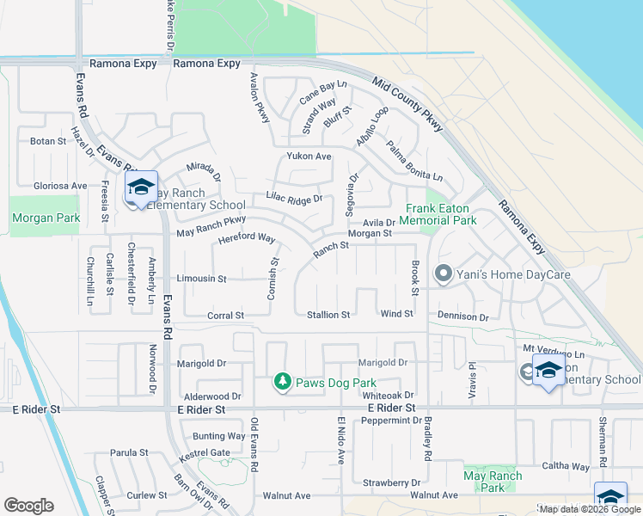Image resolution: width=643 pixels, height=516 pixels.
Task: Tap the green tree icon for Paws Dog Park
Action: point(282,381)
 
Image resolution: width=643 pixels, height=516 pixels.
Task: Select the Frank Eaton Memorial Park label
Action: point(441,214)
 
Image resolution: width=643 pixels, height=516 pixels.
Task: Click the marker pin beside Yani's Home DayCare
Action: point(444,275)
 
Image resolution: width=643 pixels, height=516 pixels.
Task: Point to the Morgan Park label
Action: point(46,218)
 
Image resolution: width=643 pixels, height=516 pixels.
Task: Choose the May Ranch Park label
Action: point(493,482)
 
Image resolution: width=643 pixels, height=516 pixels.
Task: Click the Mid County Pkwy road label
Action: point(408,104)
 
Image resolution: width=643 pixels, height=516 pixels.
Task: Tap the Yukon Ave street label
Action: point(309,157)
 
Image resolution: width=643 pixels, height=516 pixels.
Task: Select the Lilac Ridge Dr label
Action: point(294,199)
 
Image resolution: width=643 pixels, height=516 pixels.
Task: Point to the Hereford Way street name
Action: point(246,239)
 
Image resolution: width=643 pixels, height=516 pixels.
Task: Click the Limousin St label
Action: point(201,279)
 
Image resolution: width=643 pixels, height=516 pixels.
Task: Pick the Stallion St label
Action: point(328,315)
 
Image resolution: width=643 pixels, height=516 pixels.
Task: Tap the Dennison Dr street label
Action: point(462,317)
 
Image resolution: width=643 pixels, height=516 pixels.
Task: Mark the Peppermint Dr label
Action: point(391,421)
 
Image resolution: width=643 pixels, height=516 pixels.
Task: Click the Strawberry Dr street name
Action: point(391,482)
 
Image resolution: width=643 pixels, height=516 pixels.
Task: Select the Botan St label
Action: point(48,141)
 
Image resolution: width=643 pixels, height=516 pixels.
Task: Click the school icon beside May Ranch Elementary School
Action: point(141,187)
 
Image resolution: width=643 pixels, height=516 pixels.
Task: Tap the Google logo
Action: point(28,506)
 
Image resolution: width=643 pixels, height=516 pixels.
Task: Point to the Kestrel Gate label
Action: point(205,452)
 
